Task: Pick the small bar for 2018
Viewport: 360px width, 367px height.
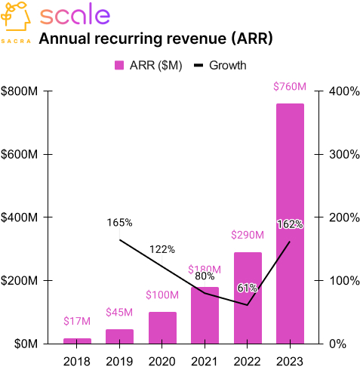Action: coord(77,341)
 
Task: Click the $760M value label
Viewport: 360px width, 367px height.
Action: coord(290,88)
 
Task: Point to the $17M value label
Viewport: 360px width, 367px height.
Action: coord(77,322)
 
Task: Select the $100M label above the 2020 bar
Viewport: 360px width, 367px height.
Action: coord(162,295)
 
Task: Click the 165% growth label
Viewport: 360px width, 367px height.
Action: coord(119,223)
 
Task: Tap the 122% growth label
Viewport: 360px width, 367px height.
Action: coord(162,249)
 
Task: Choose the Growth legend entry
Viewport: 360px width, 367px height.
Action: coord(220,66)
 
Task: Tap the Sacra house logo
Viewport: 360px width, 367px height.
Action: coord(16,17)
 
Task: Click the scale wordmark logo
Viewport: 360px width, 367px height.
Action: coord(74,15)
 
